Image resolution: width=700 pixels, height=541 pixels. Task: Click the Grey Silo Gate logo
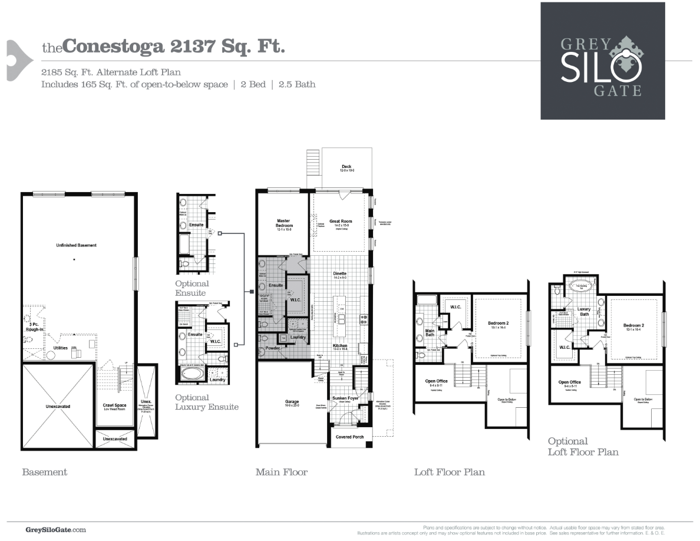602,61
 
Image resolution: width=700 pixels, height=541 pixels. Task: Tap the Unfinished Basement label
76,245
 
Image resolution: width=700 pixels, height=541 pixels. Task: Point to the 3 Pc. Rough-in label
33,327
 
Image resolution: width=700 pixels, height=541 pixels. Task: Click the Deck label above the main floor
346,167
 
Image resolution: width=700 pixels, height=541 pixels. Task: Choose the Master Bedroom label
283,223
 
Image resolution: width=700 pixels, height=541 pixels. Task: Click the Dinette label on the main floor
339,274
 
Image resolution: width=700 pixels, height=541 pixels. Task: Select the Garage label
292,403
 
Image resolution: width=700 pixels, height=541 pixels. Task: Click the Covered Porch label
349,437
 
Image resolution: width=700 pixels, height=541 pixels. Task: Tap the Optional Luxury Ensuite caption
206,402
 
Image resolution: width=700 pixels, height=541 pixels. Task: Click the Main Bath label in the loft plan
430,333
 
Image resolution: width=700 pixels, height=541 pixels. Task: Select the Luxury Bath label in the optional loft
583,311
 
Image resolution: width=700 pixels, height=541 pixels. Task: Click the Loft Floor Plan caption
449,472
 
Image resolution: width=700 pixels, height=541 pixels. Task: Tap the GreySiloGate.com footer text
56,530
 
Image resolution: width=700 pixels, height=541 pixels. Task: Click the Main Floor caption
281,472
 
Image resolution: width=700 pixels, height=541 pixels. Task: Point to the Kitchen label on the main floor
339,346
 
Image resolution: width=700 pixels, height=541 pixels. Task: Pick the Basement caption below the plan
44,472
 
